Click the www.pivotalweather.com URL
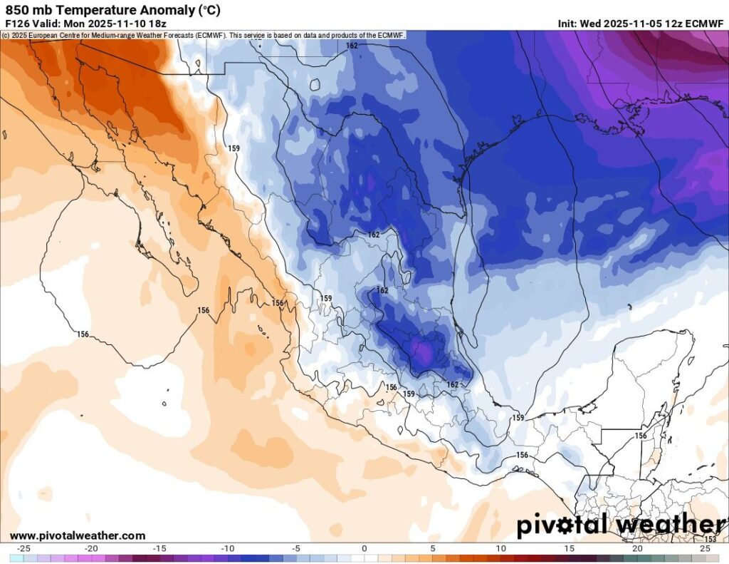(x=78, y=535)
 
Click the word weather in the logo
(x=669, y=525)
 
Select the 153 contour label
(x=710, y=540)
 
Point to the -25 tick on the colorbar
(x=23, y=548)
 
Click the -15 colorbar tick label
(x=160, y=548)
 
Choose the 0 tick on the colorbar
(x=364, y=548)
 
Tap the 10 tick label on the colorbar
(x=501, y=548)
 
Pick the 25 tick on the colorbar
(x=706, y=548)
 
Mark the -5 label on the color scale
(x=296, y=548)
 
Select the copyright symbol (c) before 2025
(x=6, y=34)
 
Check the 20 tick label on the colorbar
(x=637, y=548)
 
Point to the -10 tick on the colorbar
(x=228, y=548)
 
